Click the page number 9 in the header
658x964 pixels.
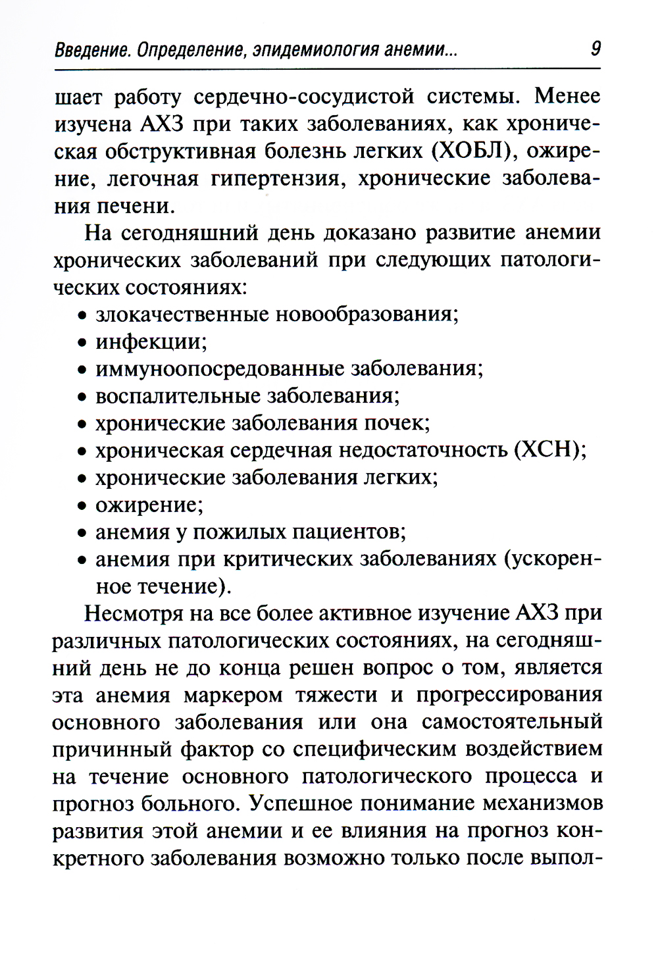(x=595, y=48)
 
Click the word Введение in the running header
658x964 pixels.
(x=91, y=50)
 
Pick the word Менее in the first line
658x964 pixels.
(x=567, y=96)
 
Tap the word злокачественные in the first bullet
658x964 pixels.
(x=182, y=314)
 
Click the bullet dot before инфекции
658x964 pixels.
(x=82, y=343)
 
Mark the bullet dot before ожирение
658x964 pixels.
(x=82, y=506)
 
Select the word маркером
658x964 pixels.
(x=233, y=695)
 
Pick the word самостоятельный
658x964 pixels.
(x=511, y=722)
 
